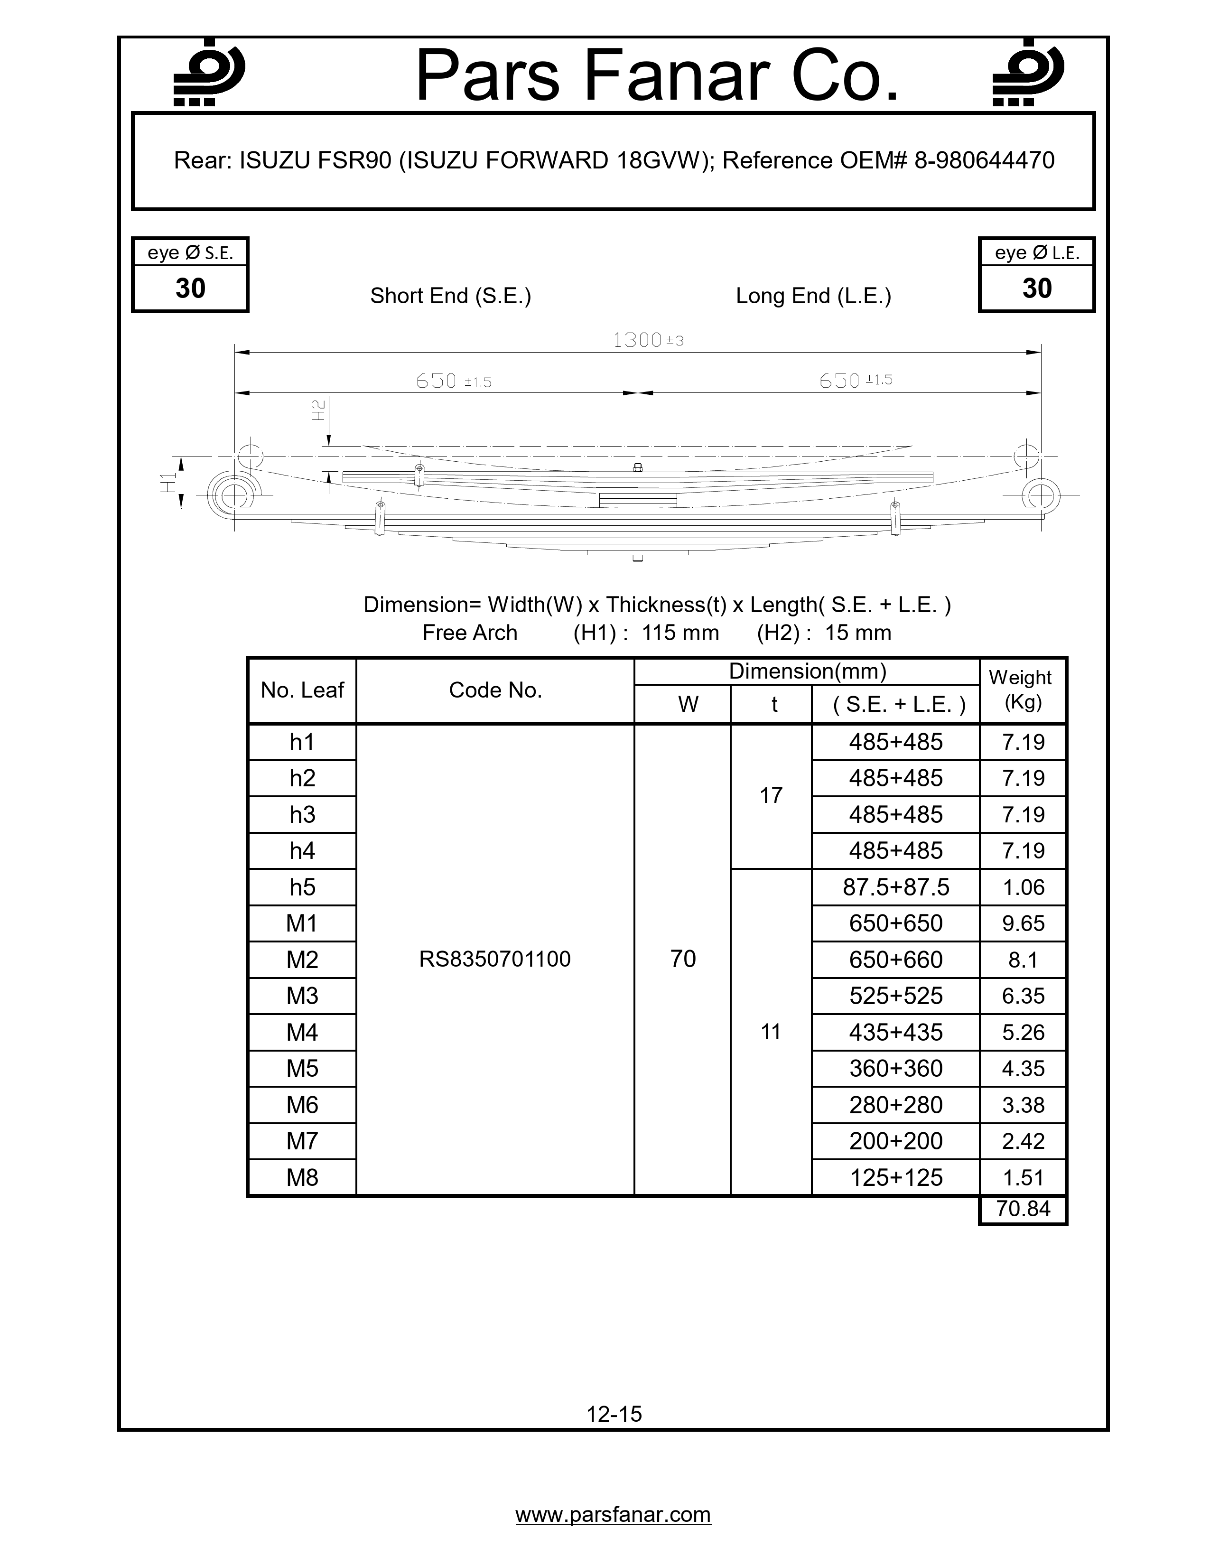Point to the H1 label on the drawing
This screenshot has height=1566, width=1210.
pyautogui.click(x=168, y=483)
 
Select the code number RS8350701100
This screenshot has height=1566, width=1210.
pyautogui.click(x=494, y=959)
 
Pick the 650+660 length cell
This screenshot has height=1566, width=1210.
pyautogui.click(x=895, y=960)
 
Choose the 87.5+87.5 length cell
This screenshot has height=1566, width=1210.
pyautogui.click(x=895, y=887)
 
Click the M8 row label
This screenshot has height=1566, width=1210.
pyautogui.click(x=302, y=1177)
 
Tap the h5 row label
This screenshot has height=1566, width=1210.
pyautogui.click(x=302, y=887)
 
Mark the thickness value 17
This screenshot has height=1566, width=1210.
pyautogui.click(x=771, y=795)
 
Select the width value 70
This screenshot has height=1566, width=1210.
pyautogui.click(x=682, y=959)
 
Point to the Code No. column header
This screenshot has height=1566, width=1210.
pyautogui.click(x=494, y=690)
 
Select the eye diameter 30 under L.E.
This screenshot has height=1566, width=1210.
pyautogui.click(x=1036, y=288)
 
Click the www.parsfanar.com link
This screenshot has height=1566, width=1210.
pyautogui.click(x=613, y=1514)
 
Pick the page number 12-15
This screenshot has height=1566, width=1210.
pyautogui.click(x=614, y=1413)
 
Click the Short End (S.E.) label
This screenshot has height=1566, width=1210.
pyautogui.click(x=450, y=296)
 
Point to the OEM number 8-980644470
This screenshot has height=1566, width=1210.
pyautogui.click(x=984, y=160)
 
